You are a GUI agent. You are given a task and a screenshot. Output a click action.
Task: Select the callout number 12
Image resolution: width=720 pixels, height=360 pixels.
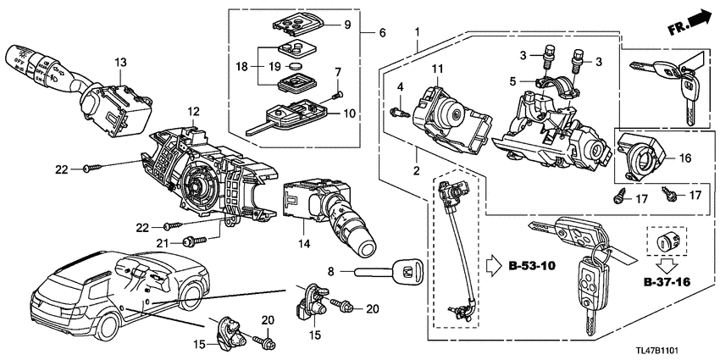tap(193, 111)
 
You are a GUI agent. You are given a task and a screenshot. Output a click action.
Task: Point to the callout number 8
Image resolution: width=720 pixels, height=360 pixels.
tap(331, 272)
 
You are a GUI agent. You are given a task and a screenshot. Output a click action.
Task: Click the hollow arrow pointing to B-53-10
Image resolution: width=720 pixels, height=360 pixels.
tap(496, 267)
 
